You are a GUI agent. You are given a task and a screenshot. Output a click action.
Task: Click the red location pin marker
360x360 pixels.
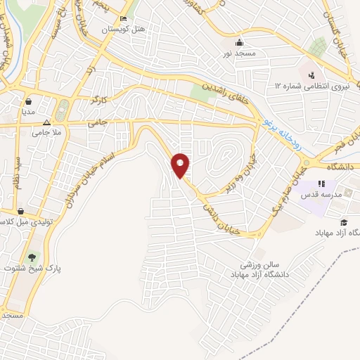(181, 165)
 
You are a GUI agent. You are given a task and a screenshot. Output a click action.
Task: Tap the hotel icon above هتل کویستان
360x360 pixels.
(124, 18)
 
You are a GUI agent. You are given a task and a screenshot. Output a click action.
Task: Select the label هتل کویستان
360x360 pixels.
(124, 30)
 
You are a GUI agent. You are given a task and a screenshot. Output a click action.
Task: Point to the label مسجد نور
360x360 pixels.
(239, 53)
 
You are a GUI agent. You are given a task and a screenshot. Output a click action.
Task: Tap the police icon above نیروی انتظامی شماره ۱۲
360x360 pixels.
(311, 73)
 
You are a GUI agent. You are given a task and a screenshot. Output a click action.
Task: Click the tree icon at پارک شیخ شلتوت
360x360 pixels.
(31, 256)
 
